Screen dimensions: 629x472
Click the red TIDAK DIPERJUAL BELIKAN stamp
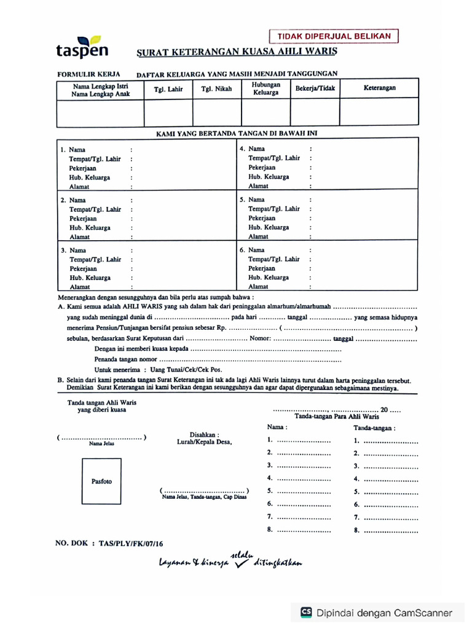pyautogui.click(x=334, y=36)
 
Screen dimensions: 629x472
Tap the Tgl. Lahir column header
pyautogui.click(x=168, y=89)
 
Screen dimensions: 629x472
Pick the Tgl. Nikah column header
pyautogui.click(x=216, y=89)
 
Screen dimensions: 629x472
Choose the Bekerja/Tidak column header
pyautogui.click(x=315, y=88)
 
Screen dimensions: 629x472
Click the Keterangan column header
pyautogui.click(x=379, y=88)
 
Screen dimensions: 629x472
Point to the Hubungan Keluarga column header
pyautogui.click(x=265, y=88)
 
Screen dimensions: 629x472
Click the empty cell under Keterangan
pyautogui.click(x=379, y=112)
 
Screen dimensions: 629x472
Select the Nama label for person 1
pyautogui.click(x=77, y=150)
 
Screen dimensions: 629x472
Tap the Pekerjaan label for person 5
pyautogui.click(x=262, y=218)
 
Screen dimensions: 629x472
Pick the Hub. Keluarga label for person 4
pyautogui.click(x=269, y=177)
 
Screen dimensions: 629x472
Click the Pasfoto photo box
pyautogui.click(x=102, y=482)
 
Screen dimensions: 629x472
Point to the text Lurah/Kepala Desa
pyautogui.click(x=204, y=442)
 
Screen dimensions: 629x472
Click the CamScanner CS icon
pyautogui.click(x=306, y=612)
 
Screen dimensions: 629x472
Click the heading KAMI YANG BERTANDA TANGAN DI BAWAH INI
pyautogui.click(x=237, y=133)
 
